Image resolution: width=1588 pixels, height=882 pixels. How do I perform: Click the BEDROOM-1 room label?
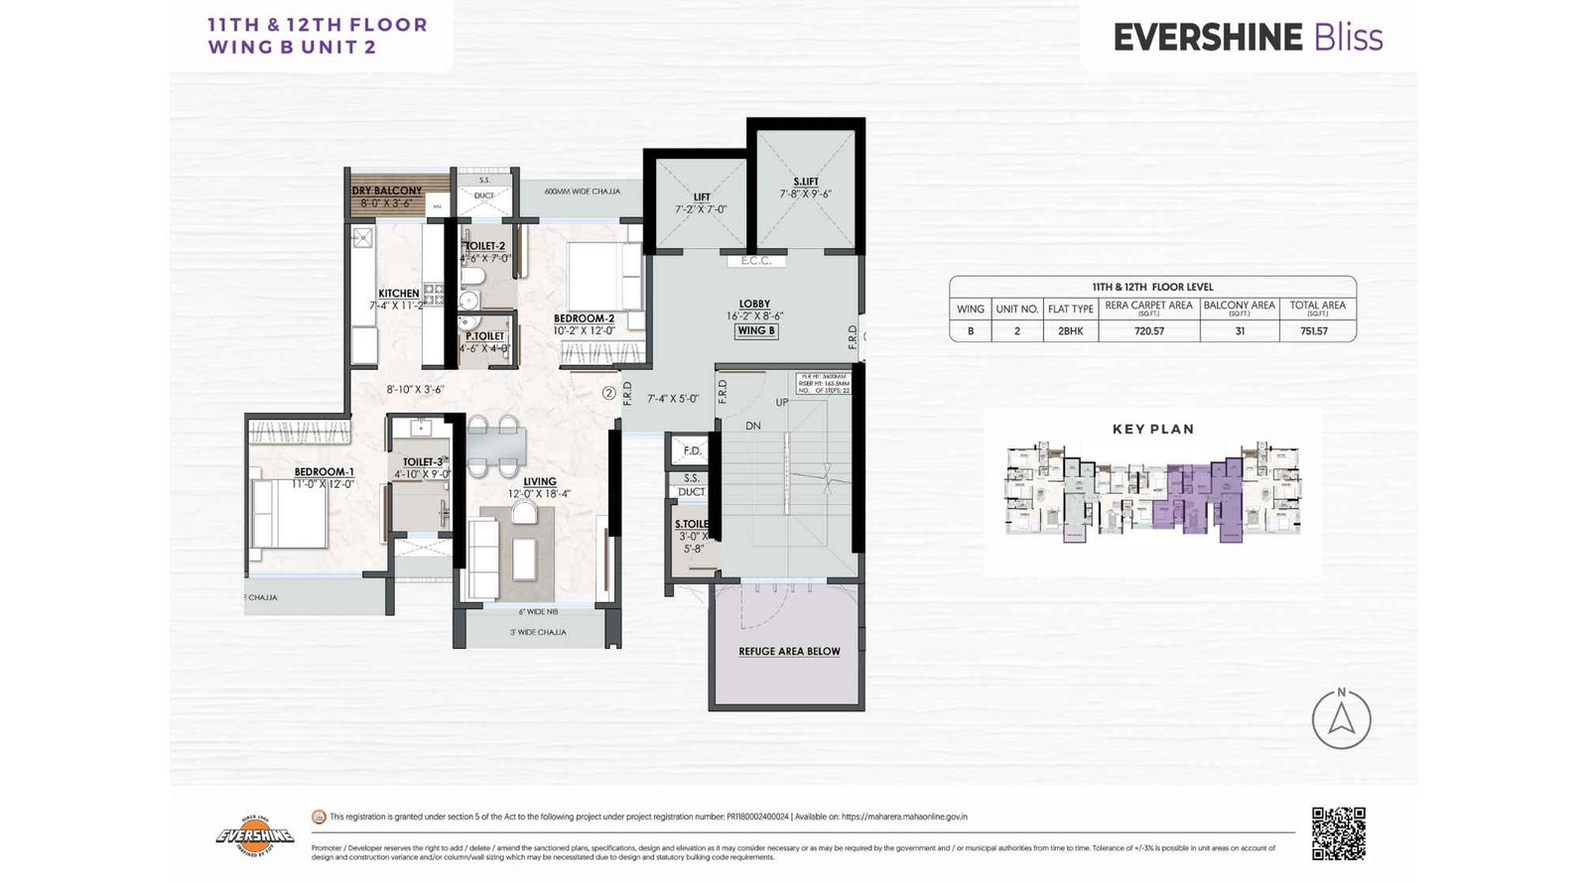pos(324,472)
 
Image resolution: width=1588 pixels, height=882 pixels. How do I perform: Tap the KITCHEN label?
pos(398,294)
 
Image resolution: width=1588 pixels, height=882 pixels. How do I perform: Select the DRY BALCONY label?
pos(387,190)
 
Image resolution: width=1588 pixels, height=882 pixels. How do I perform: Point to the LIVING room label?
pos(540,481)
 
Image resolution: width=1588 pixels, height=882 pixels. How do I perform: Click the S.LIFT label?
pos(806,182)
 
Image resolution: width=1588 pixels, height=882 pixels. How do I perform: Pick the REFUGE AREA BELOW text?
pos(789,652)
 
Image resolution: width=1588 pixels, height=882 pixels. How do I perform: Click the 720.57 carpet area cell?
pos(1148,331)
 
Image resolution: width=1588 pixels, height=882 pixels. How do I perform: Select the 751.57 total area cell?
pos(1314,331)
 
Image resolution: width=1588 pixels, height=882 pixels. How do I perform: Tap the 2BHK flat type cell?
pos(1070,331)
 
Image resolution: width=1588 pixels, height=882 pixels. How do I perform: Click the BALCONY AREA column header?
pos(1239,307)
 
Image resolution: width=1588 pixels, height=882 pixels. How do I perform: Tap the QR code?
pos(1338,833)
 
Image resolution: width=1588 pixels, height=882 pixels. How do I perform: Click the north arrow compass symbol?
pos(1341,718)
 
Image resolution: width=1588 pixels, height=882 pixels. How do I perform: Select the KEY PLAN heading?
pos(1152,430)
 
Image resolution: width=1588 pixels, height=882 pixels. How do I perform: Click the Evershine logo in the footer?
pos(255,835)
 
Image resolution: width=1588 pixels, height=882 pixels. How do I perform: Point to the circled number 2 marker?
pos(609,393)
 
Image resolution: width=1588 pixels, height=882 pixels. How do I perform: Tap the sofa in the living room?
pos(483,558)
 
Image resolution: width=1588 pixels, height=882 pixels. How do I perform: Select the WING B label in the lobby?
pos(755,331)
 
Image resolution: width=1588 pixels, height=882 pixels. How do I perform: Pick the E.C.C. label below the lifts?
pos(755,261)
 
